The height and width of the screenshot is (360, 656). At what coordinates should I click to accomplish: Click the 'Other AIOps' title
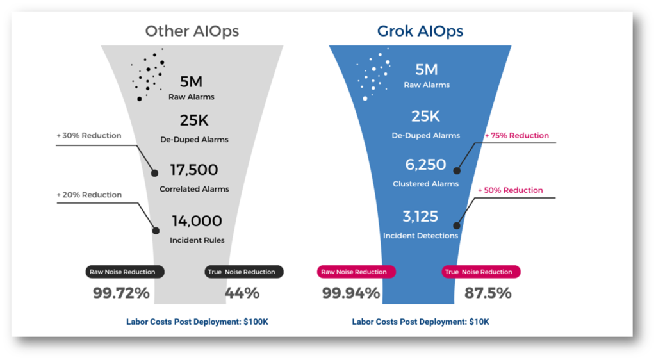(x=192, y=31)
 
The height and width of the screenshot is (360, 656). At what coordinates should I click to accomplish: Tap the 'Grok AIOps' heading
(x=420, y=31)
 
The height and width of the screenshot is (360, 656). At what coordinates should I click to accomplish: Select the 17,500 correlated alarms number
(x=193, y=170)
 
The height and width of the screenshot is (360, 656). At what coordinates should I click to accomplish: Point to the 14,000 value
(x=197, y=221)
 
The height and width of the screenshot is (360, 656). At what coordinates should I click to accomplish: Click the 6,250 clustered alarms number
(x=425, y=165)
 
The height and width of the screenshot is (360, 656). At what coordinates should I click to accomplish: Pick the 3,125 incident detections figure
(x=420, y=216)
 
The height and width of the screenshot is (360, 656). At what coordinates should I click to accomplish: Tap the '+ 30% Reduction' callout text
(x=89, y=135)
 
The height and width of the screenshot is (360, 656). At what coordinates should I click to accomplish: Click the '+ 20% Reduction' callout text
(x=89, y=195)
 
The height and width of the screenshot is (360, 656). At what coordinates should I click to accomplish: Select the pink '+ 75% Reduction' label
(x=517, y=135)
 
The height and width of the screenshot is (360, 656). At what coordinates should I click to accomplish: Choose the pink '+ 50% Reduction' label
(x=511, y=190)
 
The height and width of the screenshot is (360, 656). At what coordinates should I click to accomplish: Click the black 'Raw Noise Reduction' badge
(x=125, y=272)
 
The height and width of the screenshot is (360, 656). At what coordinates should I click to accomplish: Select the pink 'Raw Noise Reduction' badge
(x=356, y=272)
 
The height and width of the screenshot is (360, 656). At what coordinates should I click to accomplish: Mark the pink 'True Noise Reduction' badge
(x=481, y=272)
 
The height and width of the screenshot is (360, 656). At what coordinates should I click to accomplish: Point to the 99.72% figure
(x=121, y=293)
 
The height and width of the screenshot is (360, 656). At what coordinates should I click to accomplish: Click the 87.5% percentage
(x=488, y=293)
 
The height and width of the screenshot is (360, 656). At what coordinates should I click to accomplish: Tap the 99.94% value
(x=351, y=293)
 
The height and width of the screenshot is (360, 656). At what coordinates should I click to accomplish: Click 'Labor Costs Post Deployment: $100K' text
(x=197, y=322)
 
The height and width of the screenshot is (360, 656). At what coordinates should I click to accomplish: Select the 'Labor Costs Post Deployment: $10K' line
(x=420, y=322)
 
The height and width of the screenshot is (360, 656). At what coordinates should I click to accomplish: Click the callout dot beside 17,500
(x=155, y=173)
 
